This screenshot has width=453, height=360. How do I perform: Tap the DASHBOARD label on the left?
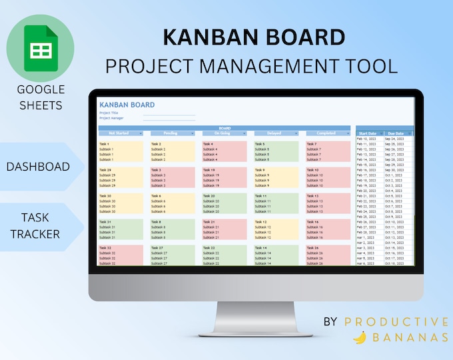(x=38, y=167)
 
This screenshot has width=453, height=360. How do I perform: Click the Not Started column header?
(x=120, y=133)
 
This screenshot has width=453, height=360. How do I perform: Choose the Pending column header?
(x=172, y=133)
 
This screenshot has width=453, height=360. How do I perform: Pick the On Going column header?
(x=224, y=133)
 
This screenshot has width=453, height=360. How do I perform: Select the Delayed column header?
(x=275, y=133)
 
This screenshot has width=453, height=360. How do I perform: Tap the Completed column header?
(x=327, y=133)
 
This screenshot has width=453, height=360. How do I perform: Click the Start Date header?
(x=367, y=133)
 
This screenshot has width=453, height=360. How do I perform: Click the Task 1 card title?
(x=104, y=144)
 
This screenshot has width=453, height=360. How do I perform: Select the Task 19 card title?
(x=209, y=170)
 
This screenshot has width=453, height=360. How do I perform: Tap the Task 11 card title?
(x=260, y=196)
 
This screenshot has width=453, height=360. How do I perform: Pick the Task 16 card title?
(x=312, y=222)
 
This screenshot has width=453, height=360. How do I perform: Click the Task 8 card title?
(x=156, y=222)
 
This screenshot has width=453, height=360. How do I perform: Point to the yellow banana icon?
(x=360, y=337)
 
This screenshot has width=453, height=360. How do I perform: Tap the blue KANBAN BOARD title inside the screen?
(x=127, y=105)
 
